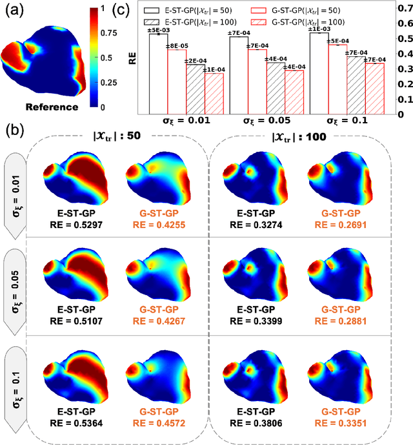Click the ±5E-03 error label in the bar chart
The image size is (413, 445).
159,30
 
